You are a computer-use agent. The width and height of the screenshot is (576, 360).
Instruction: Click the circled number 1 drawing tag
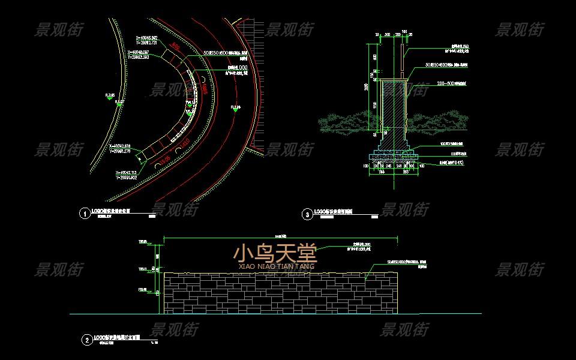point(85,212)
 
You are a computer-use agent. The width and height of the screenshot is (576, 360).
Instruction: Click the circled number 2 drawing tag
point(87,340)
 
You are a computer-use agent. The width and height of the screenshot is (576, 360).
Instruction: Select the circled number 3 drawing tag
point(307,214)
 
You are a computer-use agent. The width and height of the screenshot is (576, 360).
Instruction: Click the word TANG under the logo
point(306,266)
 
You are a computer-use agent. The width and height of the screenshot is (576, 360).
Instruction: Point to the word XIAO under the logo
point(247,266)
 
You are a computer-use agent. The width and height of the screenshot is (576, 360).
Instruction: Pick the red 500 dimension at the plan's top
point(176,46)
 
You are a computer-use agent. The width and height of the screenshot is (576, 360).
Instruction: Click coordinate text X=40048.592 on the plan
point(146,38)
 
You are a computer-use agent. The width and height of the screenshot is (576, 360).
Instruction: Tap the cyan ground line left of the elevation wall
point(114,314)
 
